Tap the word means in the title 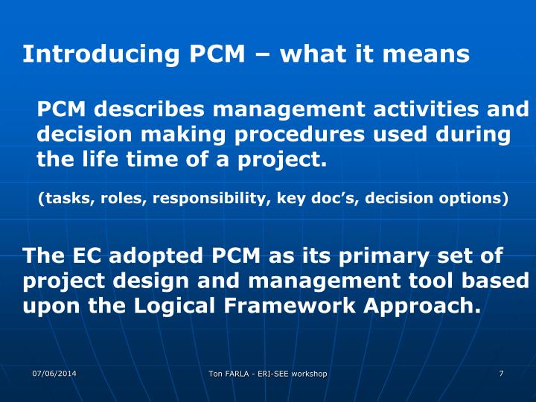click(x=434, y=54)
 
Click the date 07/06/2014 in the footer click(x=54, y=372)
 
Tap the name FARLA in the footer click(x=240, y=373)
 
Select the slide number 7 click(x=501, y=372)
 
